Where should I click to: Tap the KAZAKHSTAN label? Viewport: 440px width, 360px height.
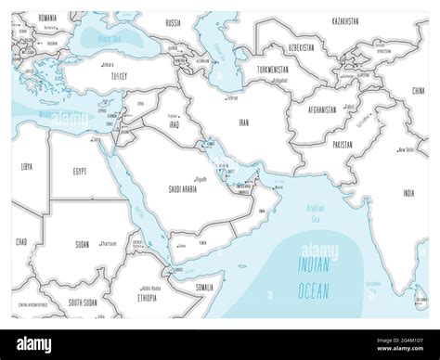[359, 16]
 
